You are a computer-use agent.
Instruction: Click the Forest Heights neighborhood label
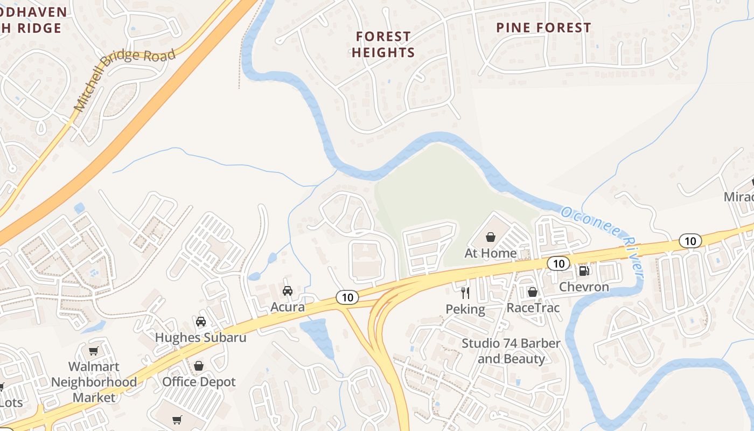pos(383,44)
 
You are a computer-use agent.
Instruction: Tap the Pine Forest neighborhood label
pos(543,27)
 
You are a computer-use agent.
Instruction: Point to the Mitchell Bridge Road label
pos(125,80)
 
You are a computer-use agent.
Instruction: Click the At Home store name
pos(491,253)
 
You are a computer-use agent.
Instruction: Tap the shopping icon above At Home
pos(491,237)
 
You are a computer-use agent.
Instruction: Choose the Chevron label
pos(584,287)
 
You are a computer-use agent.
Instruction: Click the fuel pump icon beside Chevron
pos(584,270)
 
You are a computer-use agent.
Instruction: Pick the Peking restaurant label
pos(465,309)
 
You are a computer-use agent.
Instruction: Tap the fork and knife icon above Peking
pos(465,293)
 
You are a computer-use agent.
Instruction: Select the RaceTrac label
pos(533,308)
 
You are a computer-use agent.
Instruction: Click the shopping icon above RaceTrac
pos(533,292)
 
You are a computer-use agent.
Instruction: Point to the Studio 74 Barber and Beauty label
pos(511,351)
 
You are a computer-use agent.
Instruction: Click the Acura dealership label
pos(288,307)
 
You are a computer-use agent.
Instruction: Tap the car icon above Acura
pos(288,291)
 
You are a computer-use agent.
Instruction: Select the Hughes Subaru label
pos(200,337)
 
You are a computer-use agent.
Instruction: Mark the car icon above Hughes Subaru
pos(201,322)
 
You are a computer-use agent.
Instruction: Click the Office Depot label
pos(199,382)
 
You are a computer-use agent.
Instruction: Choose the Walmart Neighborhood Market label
pos(94,382)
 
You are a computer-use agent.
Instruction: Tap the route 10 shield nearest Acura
pos(347,297)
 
